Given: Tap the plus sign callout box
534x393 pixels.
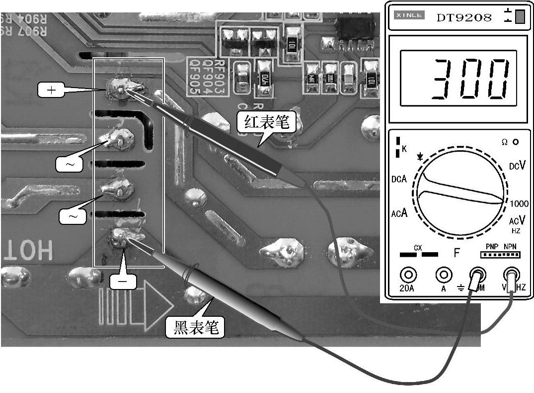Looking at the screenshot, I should [x=52, y=90].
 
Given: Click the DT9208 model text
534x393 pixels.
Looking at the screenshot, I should [x=464, y=18].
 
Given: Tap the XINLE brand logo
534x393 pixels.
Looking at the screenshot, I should [x=409, y=15].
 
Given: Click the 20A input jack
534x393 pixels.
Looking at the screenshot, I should [x=408, y=275].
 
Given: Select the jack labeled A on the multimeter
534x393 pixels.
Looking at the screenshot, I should [x=443, y=275].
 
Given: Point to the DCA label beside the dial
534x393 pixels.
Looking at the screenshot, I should [x=398, y=179].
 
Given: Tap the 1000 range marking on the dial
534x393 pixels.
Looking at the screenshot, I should [x=519, y=203].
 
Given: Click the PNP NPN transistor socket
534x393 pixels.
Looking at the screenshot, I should [x=500, y=255].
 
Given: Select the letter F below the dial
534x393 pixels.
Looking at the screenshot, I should [x=457, y=253].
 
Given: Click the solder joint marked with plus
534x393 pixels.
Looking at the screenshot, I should [x=121, y=88].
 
